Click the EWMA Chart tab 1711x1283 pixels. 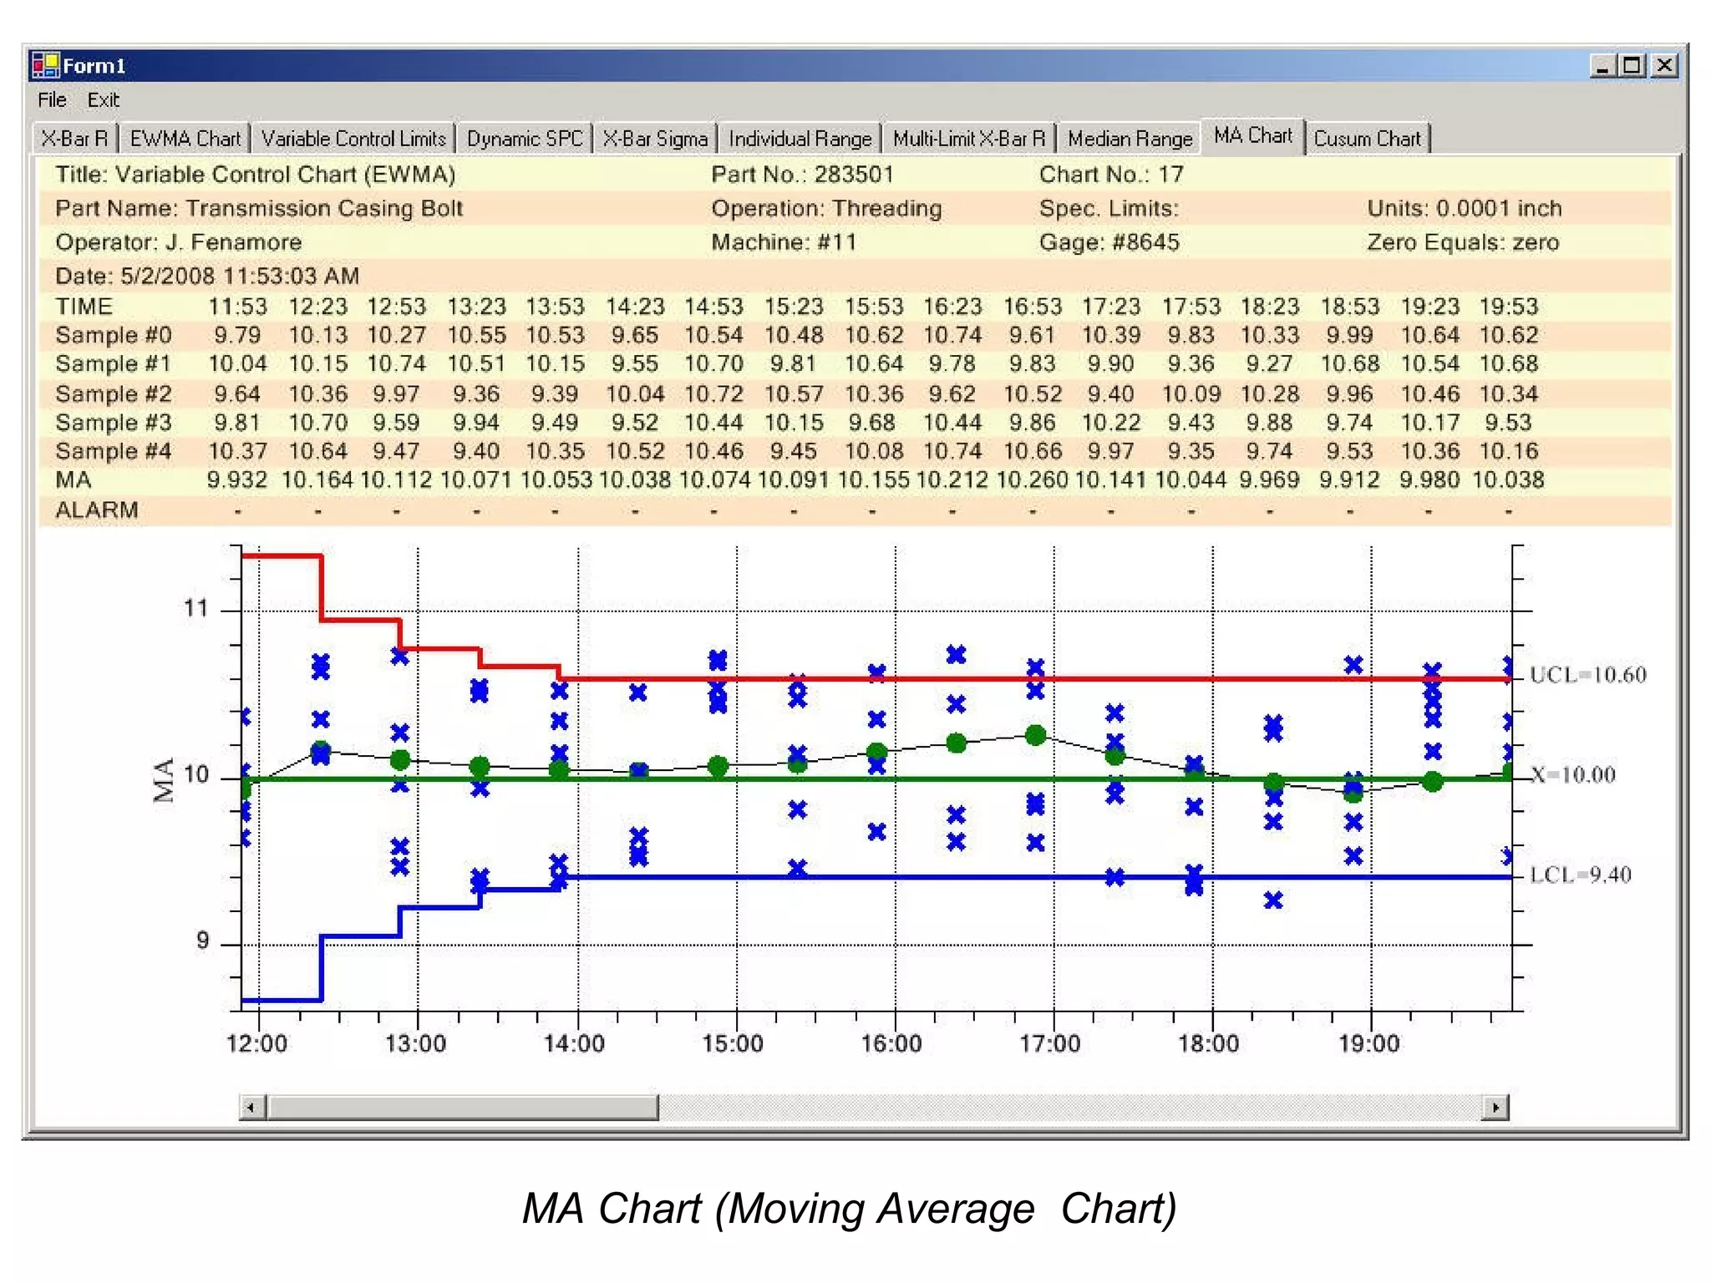(x=185, y=139)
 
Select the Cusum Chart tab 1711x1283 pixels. (x=1367, y=139)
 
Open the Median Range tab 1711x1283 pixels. (x=1130, y=139)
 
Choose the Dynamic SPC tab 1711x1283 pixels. (x=525, y=139)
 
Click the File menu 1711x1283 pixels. (x=52, y=100)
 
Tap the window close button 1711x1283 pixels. (x=1664, y=65)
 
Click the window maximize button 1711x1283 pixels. (x=1632, y=65)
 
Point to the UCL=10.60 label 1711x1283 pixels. (x=1587, y=675)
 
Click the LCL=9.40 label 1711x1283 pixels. (x=1580, y=875)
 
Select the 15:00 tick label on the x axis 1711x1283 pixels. (x=733, y=1044)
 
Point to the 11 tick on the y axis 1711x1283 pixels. (x=195, y=608)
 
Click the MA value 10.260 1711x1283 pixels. (x=1032, y=480)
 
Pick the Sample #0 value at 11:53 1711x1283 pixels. (x=237, y=336)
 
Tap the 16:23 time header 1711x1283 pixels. (x=952, y=307)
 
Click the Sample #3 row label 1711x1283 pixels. (x=114, y=423)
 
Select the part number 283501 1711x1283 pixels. (x=854, y=175)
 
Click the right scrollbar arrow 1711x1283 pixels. (x=1495, y=1108)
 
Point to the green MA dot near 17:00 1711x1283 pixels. (x=1035, y=735)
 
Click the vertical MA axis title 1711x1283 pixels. (x=165, y=779)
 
